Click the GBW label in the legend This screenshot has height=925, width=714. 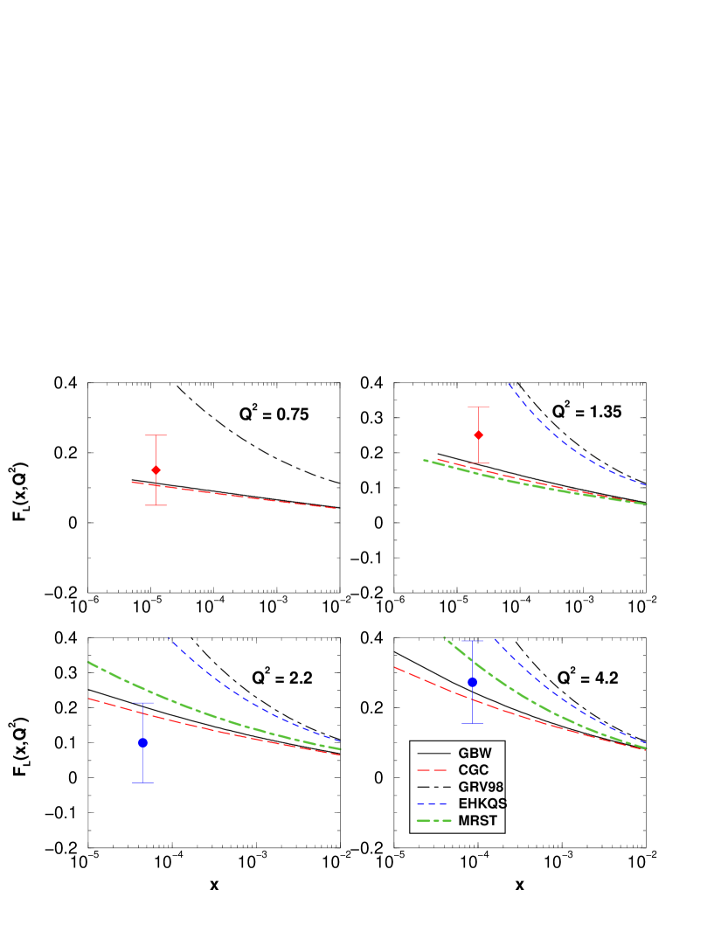point(475,753)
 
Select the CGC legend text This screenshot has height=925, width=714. point(473,770)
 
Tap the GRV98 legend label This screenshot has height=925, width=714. point(480,787)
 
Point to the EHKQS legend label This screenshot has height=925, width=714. point(482,803)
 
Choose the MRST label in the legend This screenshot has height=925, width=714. point(477,821)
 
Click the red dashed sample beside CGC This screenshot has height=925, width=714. point(433,770)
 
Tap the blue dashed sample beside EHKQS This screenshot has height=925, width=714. point(433,803)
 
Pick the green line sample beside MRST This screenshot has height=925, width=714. point(433,821)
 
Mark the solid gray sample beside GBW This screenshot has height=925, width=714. point(433,753)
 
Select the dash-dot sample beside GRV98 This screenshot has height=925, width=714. point(433,787)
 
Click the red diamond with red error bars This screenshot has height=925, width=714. point(156,470)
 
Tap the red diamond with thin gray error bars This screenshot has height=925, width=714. point(478,435)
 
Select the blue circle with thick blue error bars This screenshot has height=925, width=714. point(472,682)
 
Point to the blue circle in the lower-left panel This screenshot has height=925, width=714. point(142,742)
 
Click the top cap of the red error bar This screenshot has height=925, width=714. point(156,435)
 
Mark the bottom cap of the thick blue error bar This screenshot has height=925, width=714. point(472,723)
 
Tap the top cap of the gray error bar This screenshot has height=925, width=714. point(478,407)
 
